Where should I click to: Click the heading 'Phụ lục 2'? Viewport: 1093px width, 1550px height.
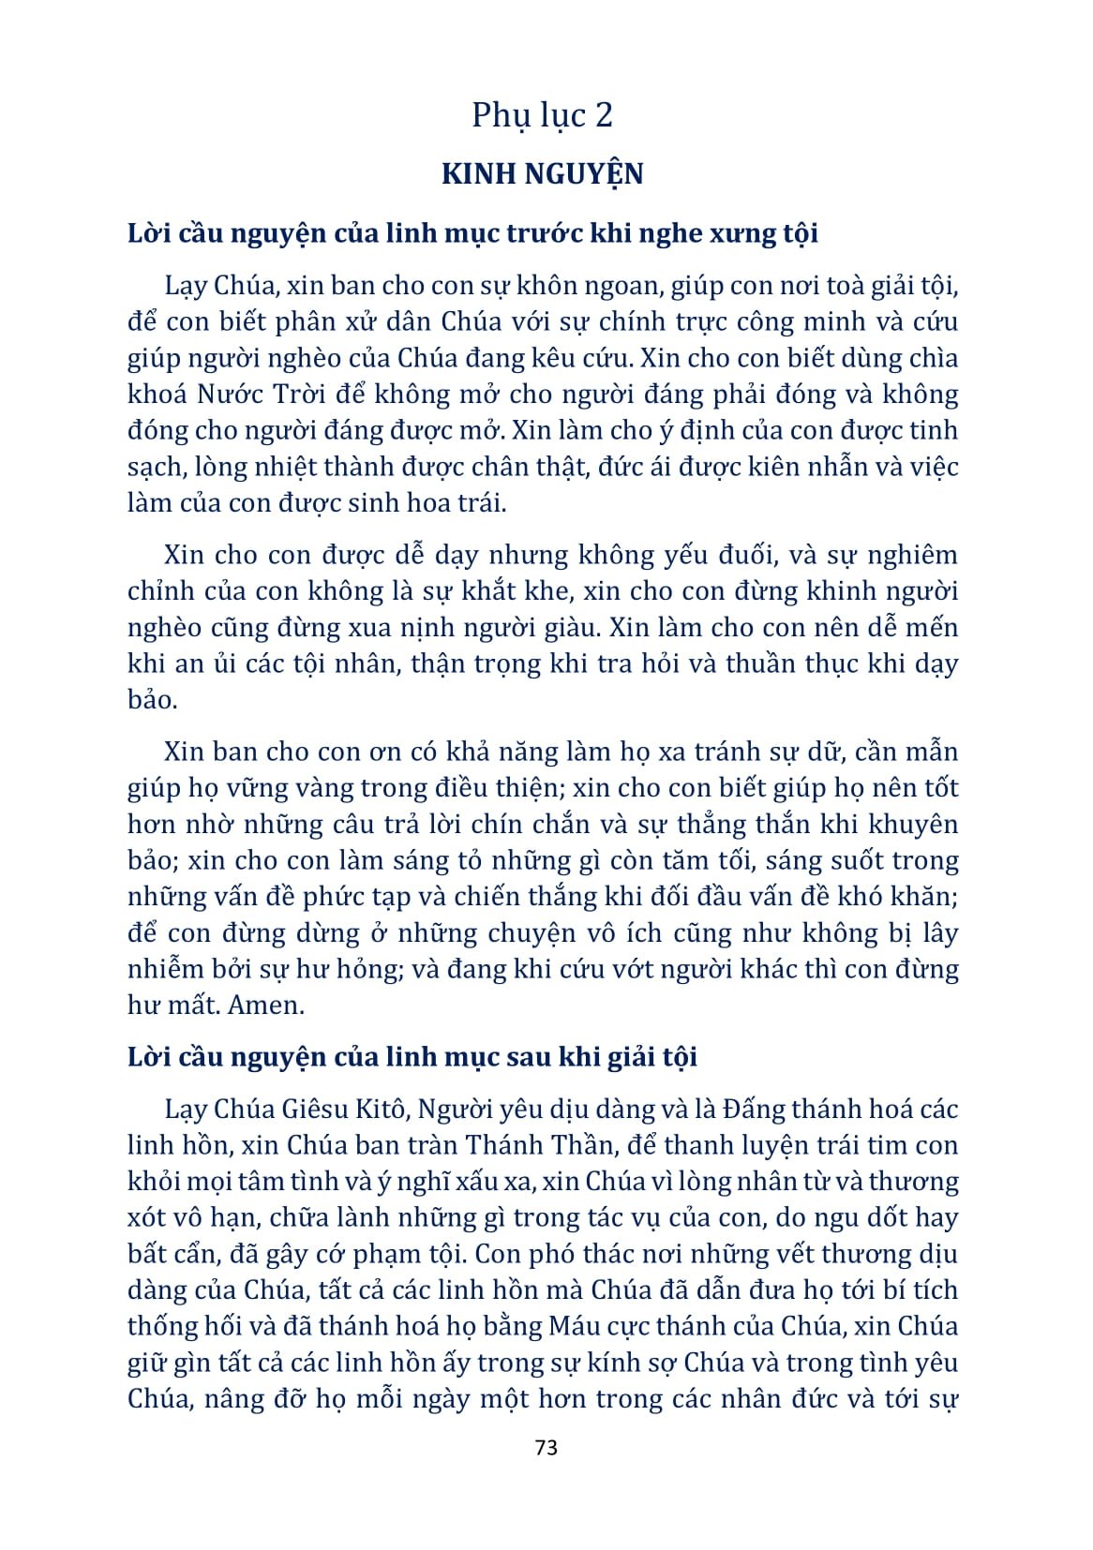542,116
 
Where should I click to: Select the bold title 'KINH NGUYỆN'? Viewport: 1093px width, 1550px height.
542,175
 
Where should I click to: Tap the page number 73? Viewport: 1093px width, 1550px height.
546,1447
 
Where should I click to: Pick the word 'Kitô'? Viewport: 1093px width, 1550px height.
381,1110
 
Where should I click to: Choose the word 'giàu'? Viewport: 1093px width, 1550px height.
579,627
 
